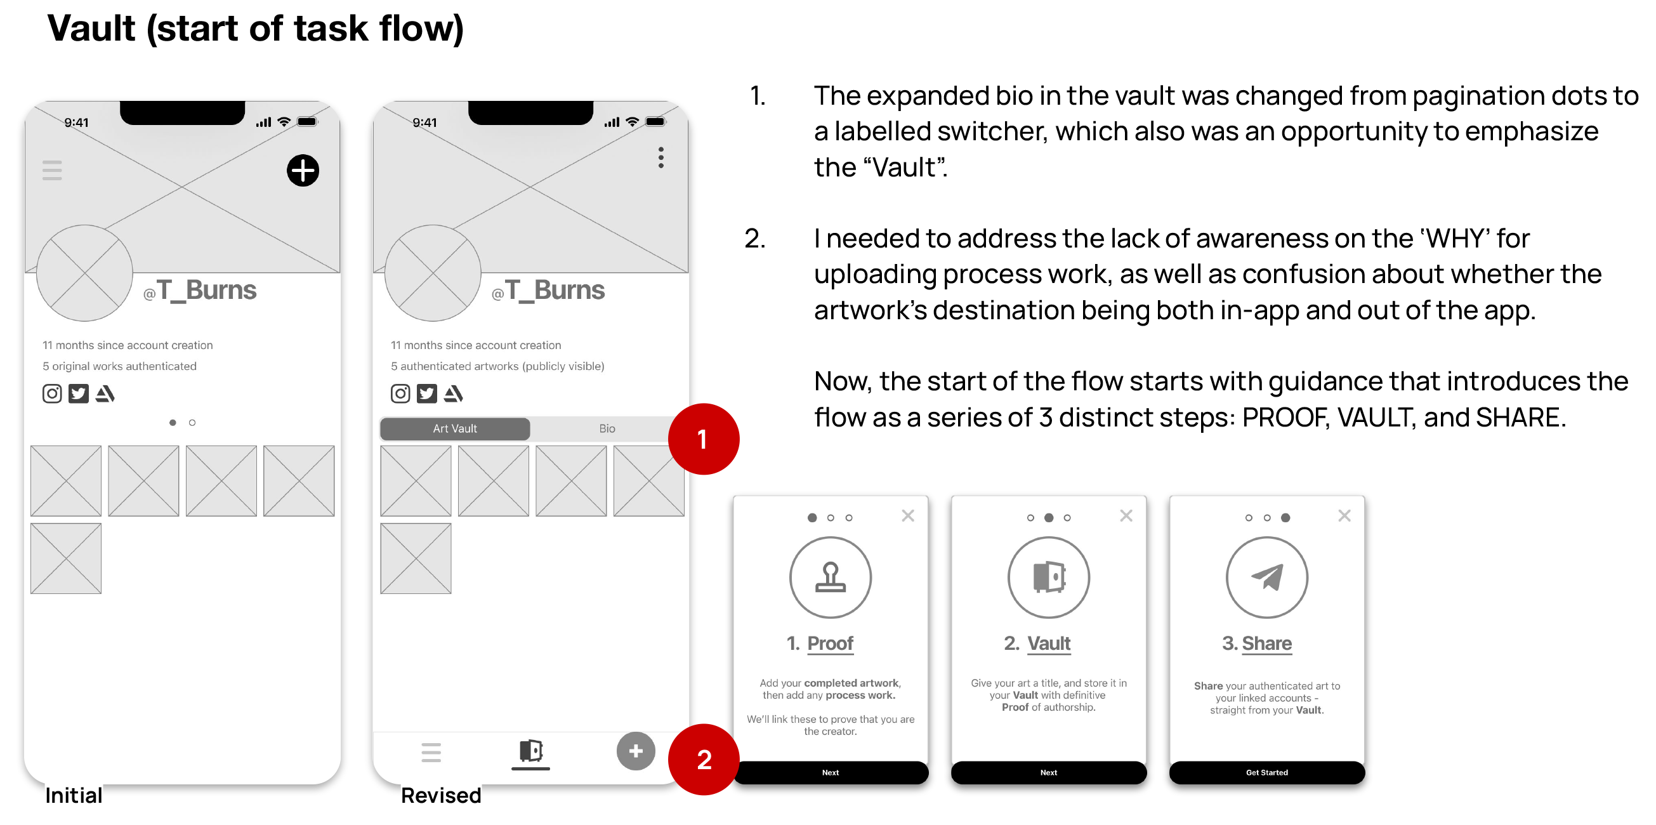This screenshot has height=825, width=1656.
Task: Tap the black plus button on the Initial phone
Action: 303,171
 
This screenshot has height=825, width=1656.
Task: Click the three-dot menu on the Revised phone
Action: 661,157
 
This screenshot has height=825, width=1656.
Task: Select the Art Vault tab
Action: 455,429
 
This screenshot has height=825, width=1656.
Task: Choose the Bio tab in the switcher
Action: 607,429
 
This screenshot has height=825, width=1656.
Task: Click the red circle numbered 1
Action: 703,439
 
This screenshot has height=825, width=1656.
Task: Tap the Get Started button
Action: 1266,772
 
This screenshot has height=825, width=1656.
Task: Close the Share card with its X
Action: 1344,516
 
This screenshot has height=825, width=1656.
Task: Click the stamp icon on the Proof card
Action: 831,577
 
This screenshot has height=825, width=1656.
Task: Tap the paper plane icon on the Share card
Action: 1266,577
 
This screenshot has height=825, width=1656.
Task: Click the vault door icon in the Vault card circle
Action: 1049,577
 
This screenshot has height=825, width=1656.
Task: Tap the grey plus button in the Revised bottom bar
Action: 636,751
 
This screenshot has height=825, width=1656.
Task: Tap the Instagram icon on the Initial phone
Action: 52,393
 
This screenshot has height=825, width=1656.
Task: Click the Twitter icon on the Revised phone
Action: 427,393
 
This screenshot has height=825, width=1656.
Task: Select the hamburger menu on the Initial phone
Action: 52,171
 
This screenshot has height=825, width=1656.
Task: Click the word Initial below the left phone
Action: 74,796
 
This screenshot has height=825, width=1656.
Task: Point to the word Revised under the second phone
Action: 441,796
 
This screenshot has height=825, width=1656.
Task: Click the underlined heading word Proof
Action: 830,643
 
